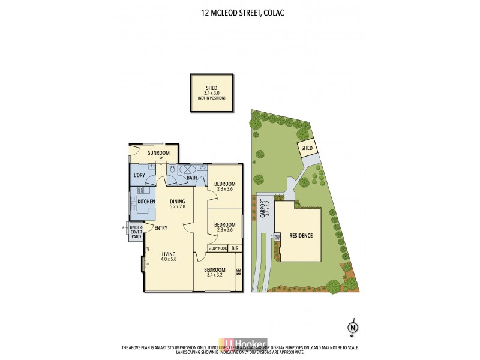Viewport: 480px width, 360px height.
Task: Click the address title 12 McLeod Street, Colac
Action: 240,11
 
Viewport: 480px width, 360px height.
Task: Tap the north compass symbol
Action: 353,327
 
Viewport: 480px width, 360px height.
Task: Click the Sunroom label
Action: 159,153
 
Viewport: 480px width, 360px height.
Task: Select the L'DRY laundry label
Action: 139,175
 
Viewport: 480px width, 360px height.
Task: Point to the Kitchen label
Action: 147,202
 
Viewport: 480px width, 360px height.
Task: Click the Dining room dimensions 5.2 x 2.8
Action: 177,207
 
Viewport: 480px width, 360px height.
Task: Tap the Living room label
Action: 169,254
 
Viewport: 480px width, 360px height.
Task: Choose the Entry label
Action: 161,228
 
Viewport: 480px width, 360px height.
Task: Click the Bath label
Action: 192,178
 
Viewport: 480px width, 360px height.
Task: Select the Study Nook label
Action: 218,248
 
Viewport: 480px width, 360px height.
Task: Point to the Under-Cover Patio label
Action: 136,232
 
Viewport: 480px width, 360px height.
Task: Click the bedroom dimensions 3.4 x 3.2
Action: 215,275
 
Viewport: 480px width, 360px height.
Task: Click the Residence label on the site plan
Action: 301,235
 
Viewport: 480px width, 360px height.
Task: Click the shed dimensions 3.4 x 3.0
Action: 211,93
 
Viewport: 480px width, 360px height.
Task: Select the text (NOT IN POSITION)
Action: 211,98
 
